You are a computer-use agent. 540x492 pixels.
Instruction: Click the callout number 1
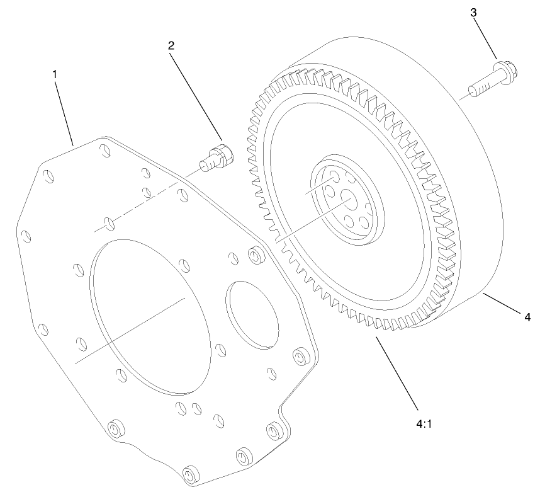pyautogui.click(x=55, y=74)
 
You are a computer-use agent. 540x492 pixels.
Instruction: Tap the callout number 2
pyautogui.click(x=171, y=45)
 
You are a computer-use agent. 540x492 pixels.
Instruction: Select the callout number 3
pyautogui.click(x=474, y=13)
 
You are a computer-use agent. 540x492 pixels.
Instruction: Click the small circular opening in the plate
pyautogui.click(x=254, y=312)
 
